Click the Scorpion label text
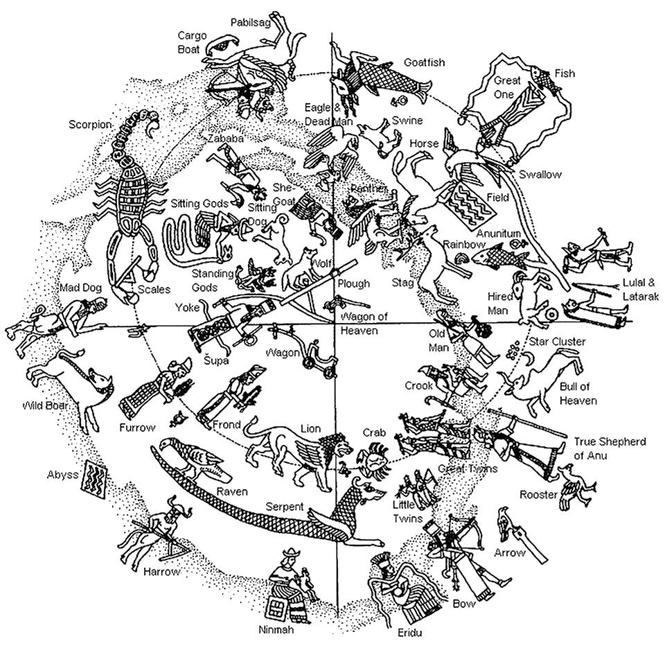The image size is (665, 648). [x=89, y=125]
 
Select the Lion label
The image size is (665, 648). [x=311, y=429]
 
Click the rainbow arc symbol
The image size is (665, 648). [x=462, y=258]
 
